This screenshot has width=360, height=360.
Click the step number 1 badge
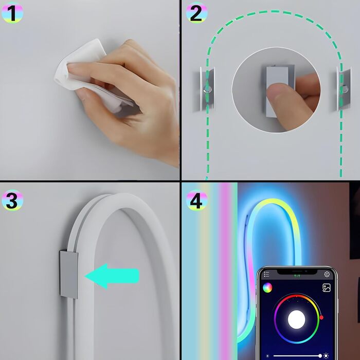tap(12, 13)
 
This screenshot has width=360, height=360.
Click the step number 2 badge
tap(196, 13)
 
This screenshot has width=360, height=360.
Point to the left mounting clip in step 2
tap(207, 89)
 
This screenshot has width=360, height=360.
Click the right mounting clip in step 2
tap(344, 88)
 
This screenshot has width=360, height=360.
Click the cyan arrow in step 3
tap(112, 276)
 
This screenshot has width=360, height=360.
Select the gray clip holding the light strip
tap(68, 275)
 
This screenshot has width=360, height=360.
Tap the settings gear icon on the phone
tap(327, 274)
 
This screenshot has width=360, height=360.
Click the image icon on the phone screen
tap(326, 287)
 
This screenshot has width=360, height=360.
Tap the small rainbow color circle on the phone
tap(267, 287)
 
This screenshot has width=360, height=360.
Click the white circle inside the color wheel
tap(296, 319)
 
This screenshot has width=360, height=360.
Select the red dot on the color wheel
tap(321, 317)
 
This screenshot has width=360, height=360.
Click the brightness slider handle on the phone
tap(320, 356)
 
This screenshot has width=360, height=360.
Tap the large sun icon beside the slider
tap(326, 356)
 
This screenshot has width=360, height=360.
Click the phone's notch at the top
tap(297, 272)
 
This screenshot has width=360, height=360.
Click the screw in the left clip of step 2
tap(207, 89)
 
